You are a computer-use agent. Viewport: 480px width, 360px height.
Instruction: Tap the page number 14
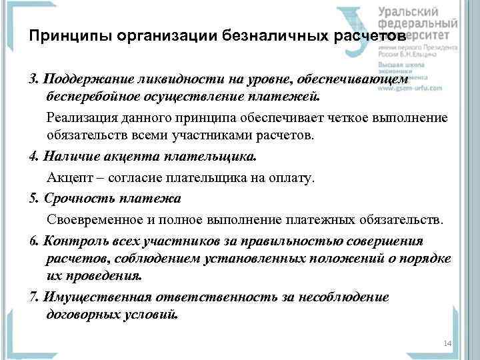tap(447, 343)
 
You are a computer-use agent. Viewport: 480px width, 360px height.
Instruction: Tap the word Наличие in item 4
tap(65, 158)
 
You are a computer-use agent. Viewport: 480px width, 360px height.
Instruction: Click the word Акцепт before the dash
tap(67, 179)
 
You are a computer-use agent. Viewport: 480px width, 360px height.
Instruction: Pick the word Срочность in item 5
tap(73, 199)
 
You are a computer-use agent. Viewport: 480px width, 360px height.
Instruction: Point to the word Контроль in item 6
tap(69, 240)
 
